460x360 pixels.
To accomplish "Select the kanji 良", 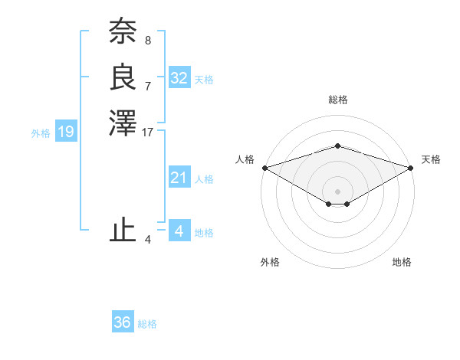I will [123, 77].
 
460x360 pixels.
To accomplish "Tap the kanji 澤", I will [123, 123].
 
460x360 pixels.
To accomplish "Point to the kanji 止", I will [123, 230].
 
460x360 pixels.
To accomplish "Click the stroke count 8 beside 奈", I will [148, 41].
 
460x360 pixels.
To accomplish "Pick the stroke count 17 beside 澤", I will [148, 132].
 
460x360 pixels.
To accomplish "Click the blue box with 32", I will [179, 78].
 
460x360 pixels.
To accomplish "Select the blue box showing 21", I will [179, 178].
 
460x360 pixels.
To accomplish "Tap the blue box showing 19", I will [66, 132].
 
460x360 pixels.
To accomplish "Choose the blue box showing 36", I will [123, 322].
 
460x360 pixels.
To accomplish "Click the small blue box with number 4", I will [179, 231].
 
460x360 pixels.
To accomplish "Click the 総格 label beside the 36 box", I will [147, 324].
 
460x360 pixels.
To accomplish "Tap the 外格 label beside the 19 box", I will [41, 133].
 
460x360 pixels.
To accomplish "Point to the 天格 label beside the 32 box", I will [204, 80].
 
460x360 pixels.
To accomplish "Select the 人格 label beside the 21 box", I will [204, 179].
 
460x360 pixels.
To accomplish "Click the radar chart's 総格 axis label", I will [338, 100].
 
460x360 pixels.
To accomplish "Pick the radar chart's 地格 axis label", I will [402, 262].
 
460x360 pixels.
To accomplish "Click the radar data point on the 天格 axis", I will [412, 168].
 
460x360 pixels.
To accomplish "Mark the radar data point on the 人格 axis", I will [264, 168].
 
